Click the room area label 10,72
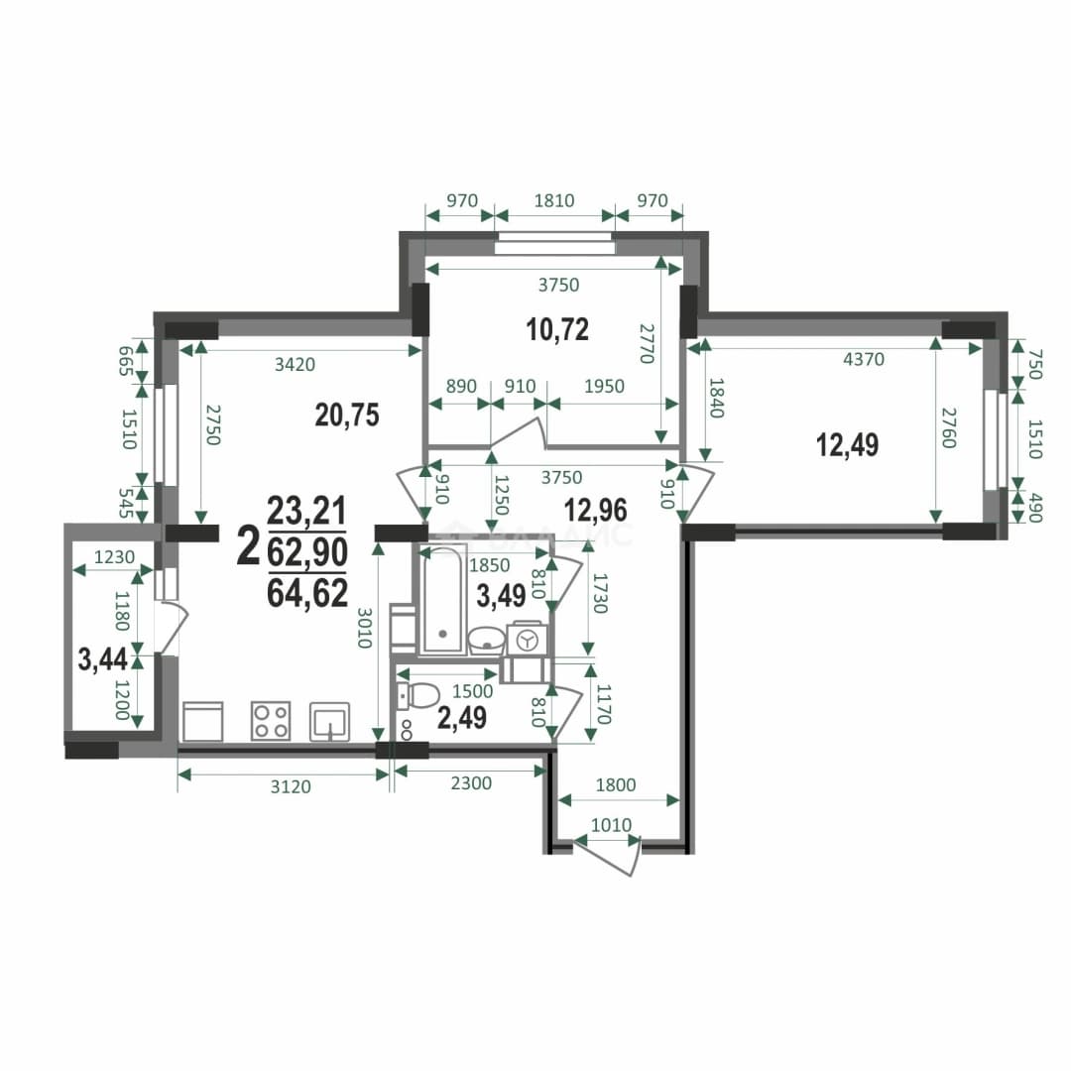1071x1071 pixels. (557, 329)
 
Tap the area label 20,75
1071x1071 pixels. (347, 415)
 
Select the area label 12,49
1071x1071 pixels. (848, 444)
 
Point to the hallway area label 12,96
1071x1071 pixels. (596, 511)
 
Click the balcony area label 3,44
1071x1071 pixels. (102, 659)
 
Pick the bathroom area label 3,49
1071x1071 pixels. (502, 596)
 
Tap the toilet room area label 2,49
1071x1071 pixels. (462, 718)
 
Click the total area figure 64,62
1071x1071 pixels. (307, 593)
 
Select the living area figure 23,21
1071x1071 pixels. (306, 511)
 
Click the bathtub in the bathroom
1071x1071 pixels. (442, 601)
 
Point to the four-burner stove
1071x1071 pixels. (271, 721)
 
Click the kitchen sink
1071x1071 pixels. (330, 722)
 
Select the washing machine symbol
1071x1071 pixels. (527, 641)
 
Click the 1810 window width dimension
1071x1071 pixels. (554, 200)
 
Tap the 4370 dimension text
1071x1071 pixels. (864, 359)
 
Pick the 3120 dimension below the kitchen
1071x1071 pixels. (291, 786)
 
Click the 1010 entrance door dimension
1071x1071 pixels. (611, 825)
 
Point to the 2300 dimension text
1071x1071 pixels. (471, 782)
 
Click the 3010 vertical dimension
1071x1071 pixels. (364, 628)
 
